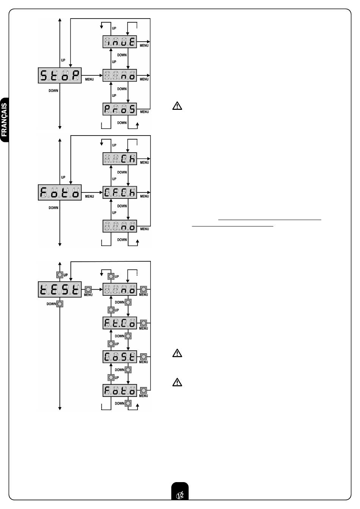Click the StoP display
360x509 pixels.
pos(60,76)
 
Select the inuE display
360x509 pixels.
pos(120,42)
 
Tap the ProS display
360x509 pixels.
pos(120,109)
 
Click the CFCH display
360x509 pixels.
pos(120,193)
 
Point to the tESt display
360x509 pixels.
pos(60,289)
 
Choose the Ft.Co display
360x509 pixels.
pos(120,323)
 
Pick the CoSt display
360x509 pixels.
pos(120,357)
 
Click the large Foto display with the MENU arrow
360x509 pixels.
pos(60,193)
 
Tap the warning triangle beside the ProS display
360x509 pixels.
pos(177,106)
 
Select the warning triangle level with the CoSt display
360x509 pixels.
pos(177,353)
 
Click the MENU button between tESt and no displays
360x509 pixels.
pos(88,289)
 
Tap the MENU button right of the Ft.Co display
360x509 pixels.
pos(144,323)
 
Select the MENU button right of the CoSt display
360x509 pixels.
pos(144,357)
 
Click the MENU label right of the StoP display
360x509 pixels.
pos(89,80)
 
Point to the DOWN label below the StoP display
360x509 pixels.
pos(53,91)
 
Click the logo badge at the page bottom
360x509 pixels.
pos(180,493)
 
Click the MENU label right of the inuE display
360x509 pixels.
pos(144,46)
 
